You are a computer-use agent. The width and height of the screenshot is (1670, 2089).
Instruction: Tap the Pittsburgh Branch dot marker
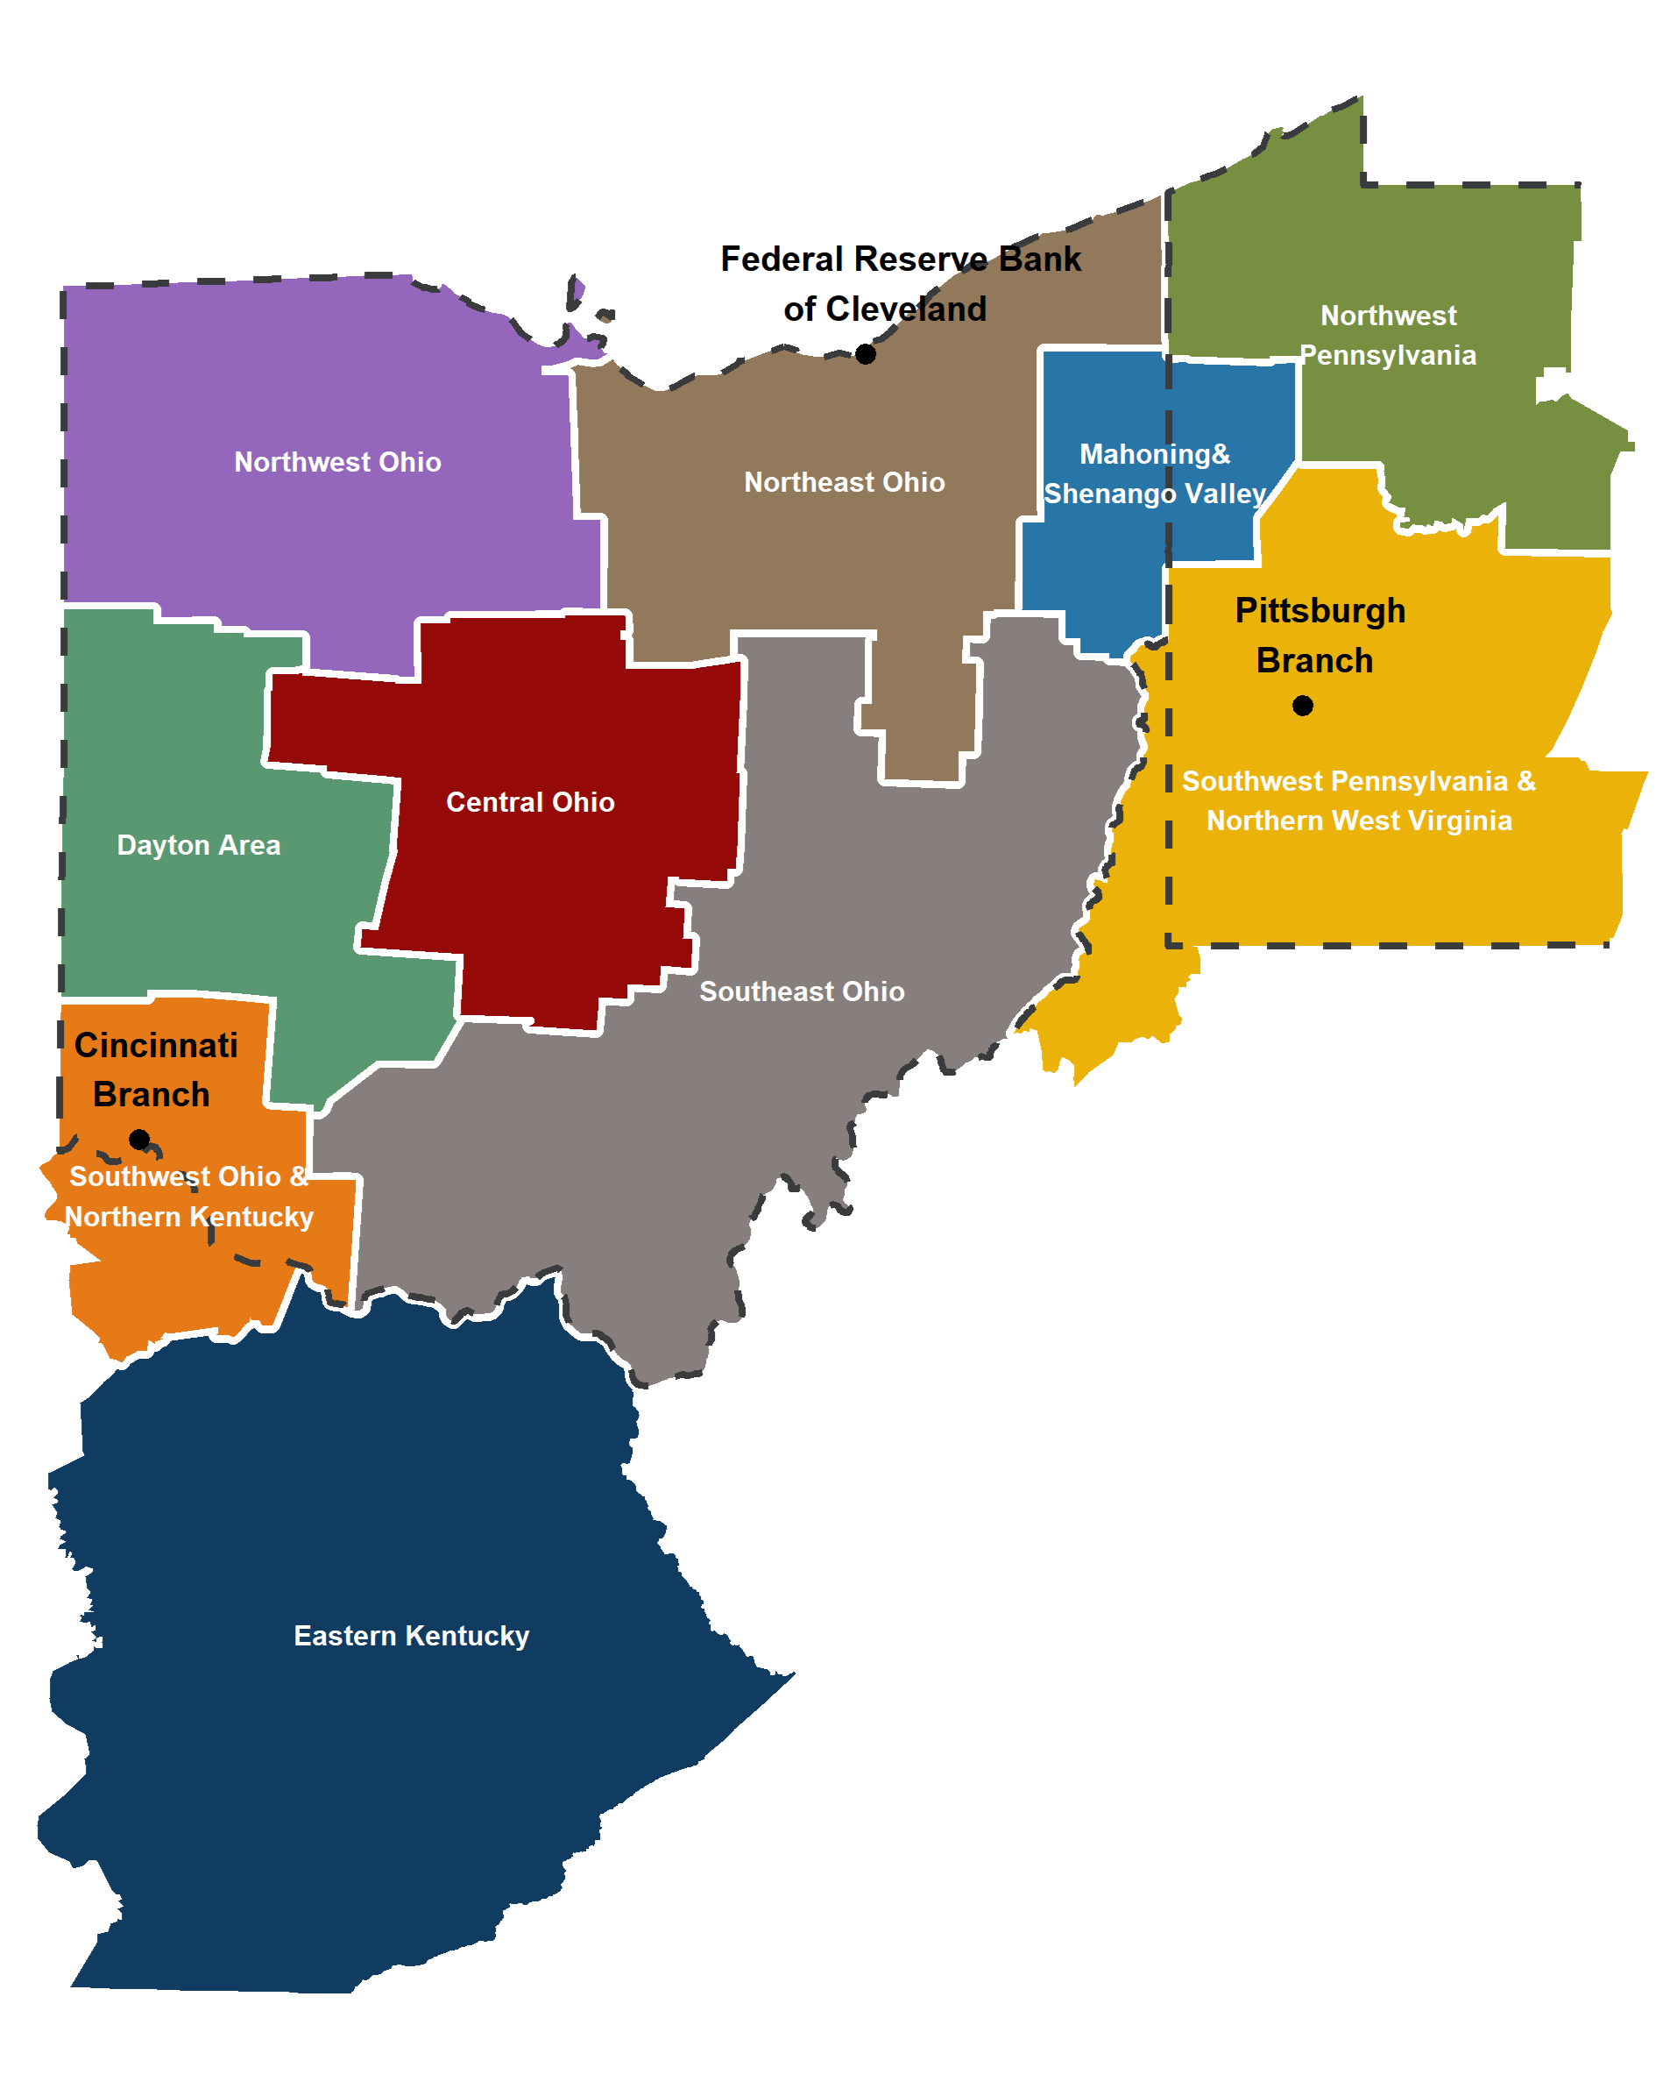(x=1302, y=706)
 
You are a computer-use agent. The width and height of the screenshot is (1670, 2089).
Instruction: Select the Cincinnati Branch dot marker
(x=139, y=1140)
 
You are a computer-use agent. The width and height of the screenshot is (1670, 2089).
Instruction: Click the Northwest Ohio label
(x=337, y=462)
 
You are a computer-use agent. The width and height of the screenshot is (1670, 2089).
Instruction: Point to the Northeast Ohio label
(x=844, y=482)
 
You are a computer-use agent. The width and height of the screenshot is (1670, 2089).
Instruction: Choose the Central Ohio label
(x=530, y=802)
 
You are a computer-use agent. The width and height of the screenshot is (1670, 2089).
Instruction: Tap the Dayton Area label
(x=199, y=845)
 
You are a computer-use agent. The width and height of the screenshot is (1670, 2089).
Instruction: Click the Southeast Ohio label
(x=802, y=991)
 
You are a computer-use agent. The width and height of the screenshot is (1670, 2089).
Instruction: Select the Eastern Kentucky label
(x=412, y=1636)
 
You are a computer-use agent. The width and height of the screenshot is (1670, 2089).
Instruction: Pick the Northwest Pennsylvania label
(x=1387, y=335)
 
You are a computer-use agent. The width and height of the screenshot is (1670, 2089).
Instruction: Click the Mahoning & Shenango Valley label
(x=1155, y=473)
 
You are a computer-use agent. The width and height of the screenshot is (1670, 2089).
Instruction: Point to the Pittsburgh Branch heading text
(x=1319, y=636)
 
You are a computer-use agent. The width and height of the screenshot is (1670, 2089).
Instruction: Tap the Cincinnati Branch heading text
(x=155, y=1069)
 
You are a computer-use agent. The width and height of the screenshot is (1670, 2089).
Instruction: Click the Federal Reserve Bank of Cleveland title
(x=900, y=284)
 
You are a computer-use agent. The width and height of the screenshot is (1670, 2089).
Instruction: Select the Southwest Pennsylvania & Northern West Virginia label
(x=1358, y=800)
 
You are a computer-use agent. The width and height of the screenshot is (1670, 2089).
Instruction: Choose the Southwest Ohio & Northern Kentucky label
(x=189, y=1197)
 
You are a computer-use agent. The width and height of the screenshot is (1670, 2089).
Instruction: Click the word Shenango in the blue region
(x=1109, y=494)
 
